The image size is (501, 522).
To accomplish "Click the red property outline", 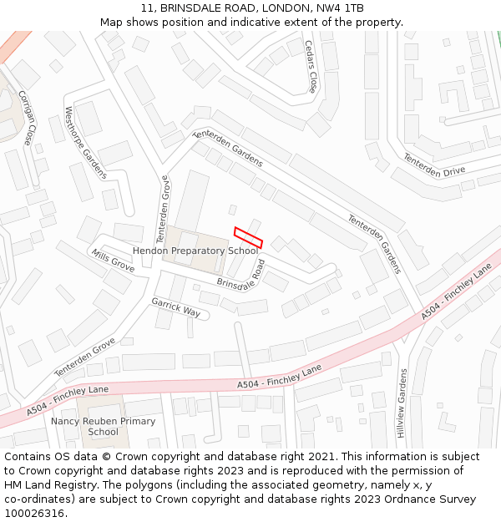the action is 248,237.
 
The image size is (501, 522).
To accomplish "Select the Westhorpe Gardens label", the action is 86,143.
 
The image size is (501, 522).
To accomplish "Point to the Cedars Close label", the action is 311,66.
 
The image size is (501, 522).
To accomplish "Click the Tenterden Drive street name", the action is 433,165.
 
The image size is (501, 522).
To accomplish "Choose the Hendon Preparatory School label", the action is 195,251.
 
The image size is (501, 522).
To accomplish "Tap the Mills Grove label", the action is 113,261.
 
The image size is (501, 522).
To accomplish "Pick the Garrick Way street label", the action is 176,307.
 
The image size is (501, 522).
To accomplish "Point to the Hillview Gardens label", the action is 402,403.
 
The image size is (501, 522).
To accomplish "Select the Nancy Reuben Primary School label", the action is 104,426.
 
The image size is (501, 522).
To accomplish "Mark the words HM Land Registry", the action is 44,485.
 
